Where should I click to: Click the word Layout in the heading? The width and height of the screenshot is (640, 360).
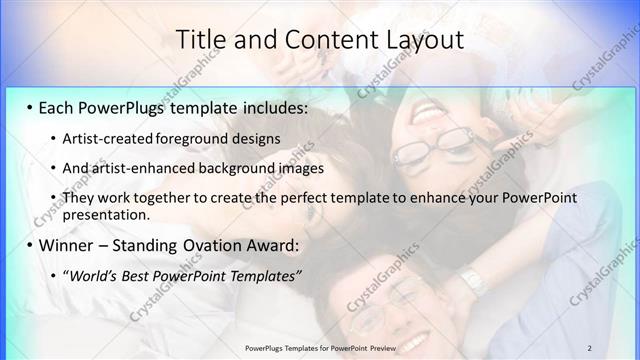point(420,40)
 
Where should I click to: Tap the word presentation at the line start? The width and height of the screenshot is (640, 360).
point(105,214)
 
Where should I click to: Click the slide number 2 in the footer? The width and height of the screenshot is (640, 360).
point(589,347)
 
